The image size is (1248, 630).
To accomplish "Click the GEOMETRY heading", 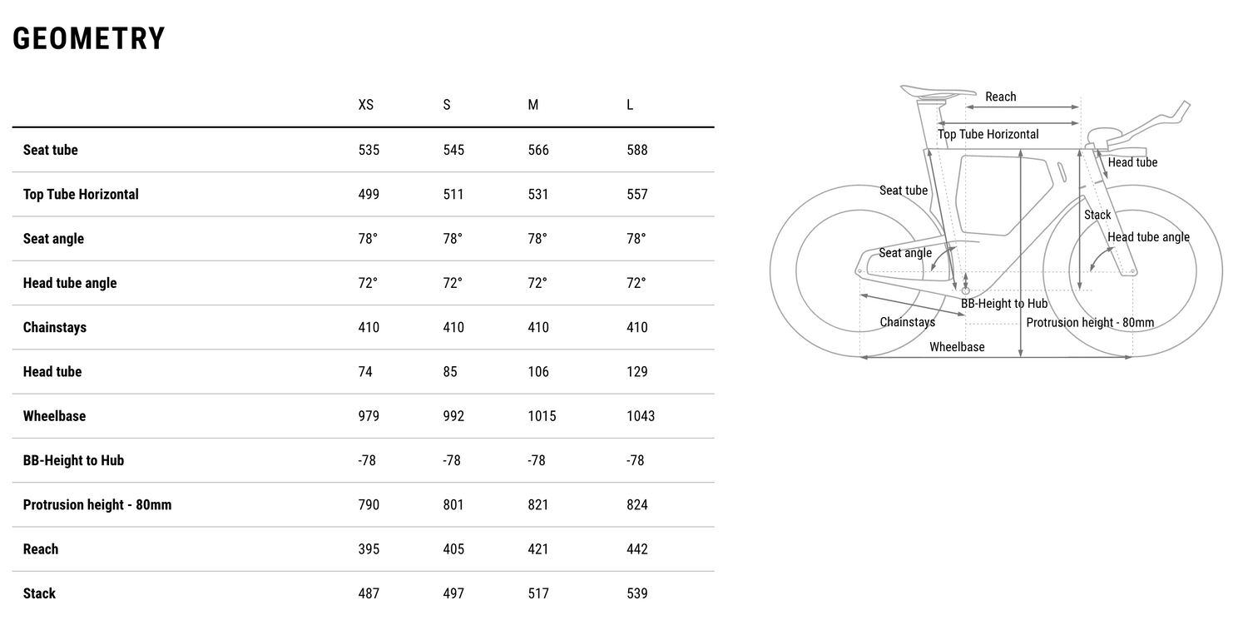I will (x=89, y=39).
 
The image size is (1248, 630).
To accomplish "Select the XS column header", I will (x=366, y=105).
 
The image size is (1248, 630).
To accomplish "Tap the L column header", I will (x=630, y=105).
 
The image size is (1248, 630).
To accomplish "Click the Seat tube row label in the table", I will (x=51, y=150).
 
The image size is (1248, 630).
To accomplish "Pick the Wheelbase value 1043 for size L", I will (x=641, y=416).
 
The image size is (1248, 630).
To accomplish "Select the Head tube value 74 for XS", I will (x=365, y=372).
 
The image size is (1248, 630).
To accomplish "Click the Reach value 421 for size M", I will (x=538, y=549).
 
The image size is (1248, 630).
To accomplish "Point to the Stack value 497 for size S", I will (x=453, y=593).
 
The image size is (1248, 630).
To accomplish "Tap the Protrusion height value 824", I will (x=637, y=505).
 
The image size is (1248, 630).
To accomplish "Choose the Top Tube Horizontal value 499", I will (x=369, y=195).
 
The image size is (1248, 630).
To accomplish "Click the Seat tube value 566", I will (x=538, y=150).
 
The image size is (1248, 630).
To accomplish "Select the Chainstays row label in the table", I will (x=55, y=328).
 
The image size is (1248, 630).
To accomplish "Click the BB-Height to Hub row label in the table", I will (x=73, y=460).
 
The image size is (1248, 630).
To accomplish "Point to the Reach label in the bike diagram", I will (x=1000, y=97).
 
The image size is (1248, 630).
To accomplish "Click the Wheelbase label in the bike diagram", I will (x=957, y=347).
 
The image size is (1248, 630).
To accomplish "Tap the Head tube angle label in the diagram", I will (x=1148, y=237).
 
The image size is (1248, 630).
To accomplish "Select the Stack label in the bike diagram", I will (x=1097, y=215).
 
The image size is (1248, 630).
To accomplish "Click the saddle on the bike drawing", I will (x=936, y=92).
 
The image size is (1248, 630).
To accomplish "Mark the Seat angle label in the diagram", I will (x=905, y=253).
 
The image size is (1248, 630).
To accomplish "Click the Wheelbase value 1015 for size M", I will (x=542, y=416).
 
